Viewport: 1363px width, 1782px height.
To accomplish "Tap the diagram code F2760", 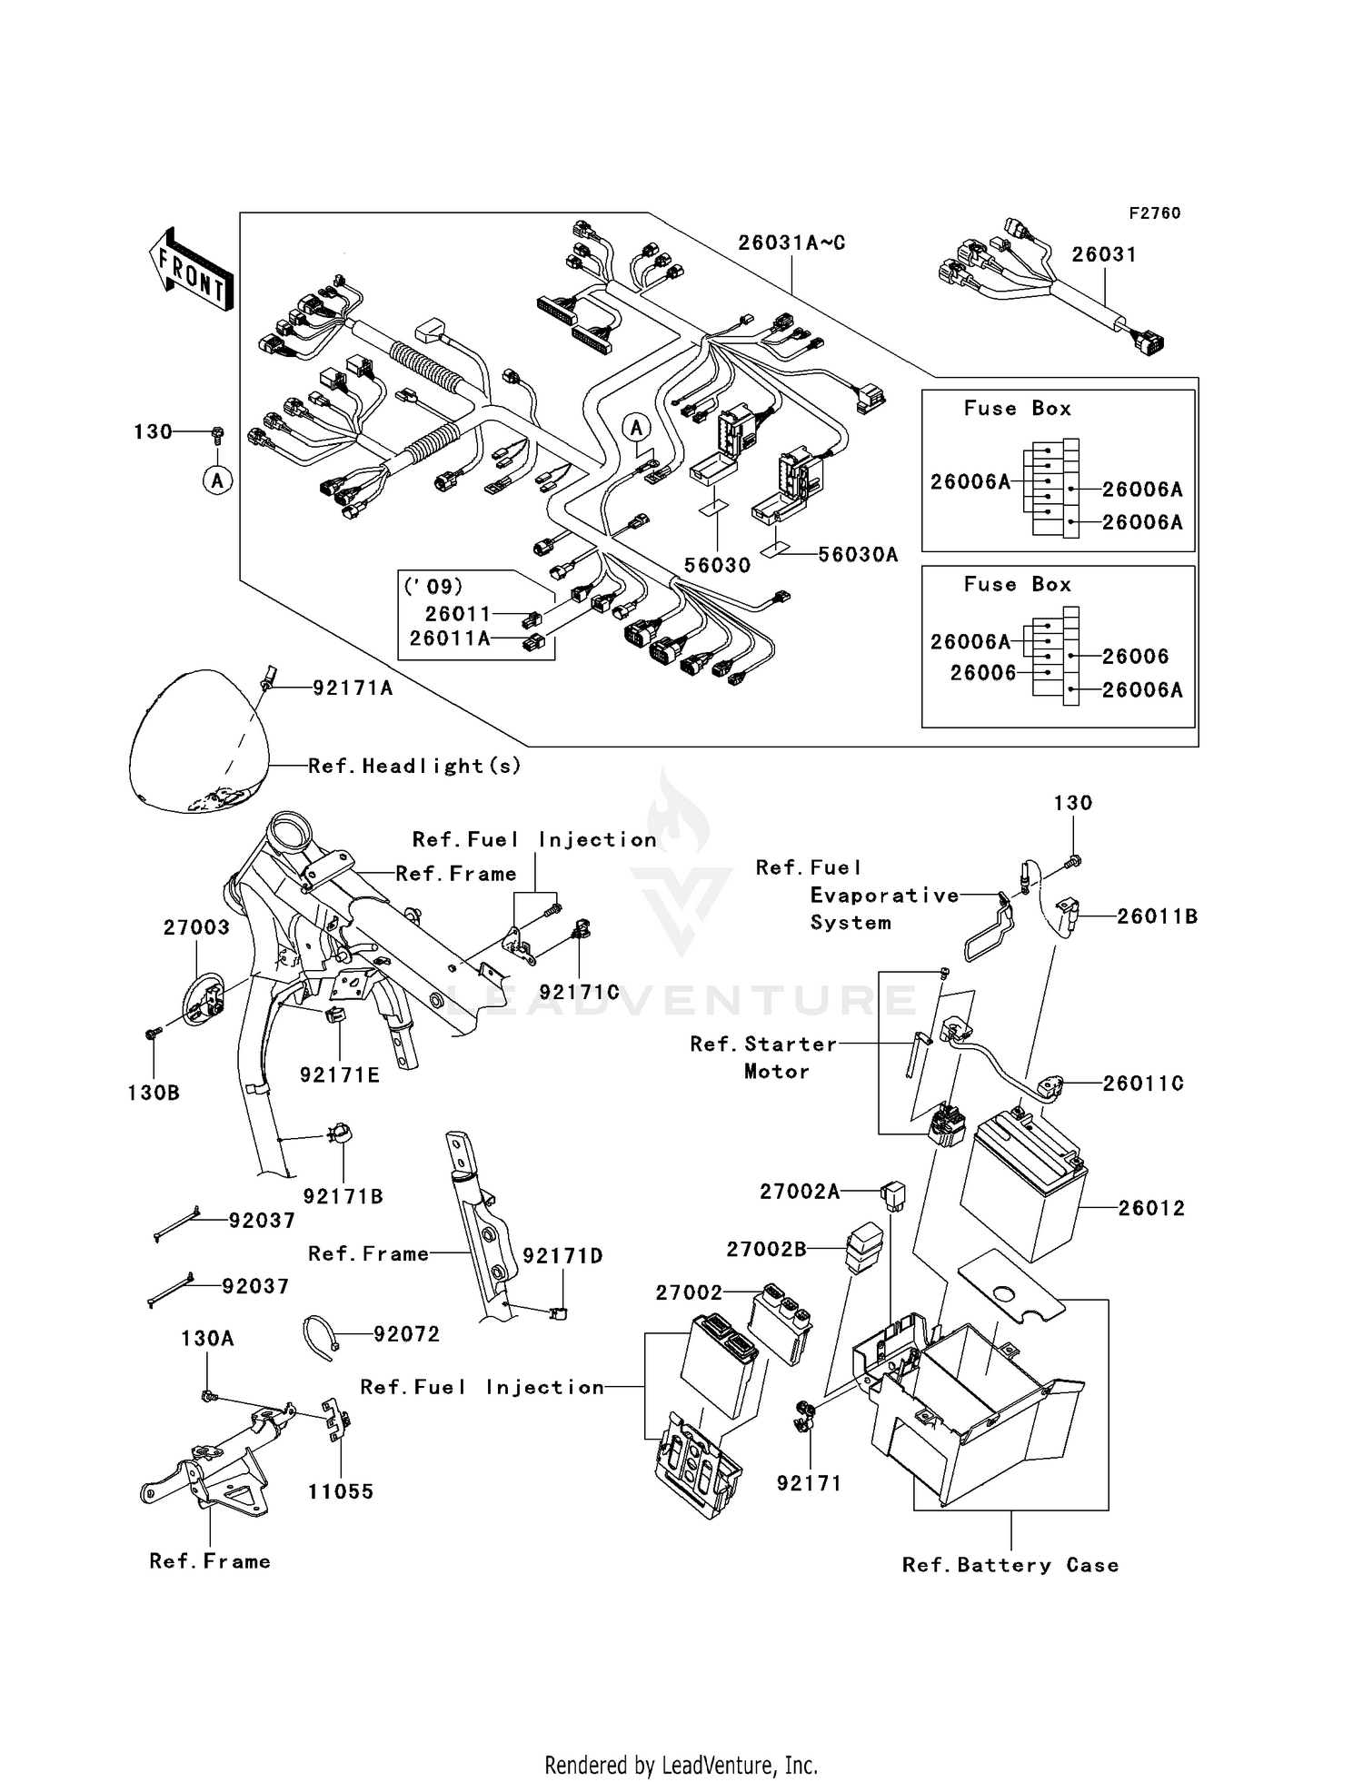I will tap(1154, 213).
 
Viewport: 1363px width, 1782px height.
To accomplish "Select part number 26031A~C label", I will tap(791, 243).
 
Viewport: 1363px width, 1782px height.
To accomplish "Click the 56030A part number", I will tap(858, 555).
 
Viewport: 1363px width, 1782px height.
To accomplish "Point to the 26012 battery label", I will tap(1151, 1208).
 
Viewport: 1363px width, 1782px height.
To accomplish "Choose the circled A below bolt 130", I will tap(217, 480).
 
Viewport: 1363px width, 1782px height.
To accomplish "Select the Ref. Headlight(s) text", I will tap(414, 767).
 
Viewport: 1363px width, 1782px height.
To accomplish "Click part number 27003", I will tap(196, 927).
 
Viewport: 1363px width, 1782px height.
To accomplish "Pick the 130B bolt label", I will tap(154, 1093).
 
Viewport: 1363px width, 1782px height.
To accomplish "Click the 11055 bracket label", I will tap(341, 1491).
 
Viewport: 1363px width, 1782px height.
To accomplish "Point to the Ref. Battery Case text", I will tap(1010, 1565).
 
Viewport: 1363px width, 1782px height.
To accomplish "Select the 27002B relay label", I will tap(766, 1250).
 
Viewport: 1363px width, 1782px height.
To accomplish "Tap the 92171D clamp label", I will tap(562, 1256).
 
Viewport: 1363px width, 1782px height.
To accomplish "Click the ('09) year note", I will tap(433, 587).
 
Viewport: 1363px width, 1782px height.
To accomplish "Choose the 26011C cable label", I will tap(1143, 1084).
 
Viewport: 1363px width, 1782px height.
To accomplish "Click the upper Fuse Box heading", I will tap(1017, 409).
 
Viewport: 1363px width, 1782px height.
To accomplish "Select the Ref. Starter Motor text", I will tap(763, 1057).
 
